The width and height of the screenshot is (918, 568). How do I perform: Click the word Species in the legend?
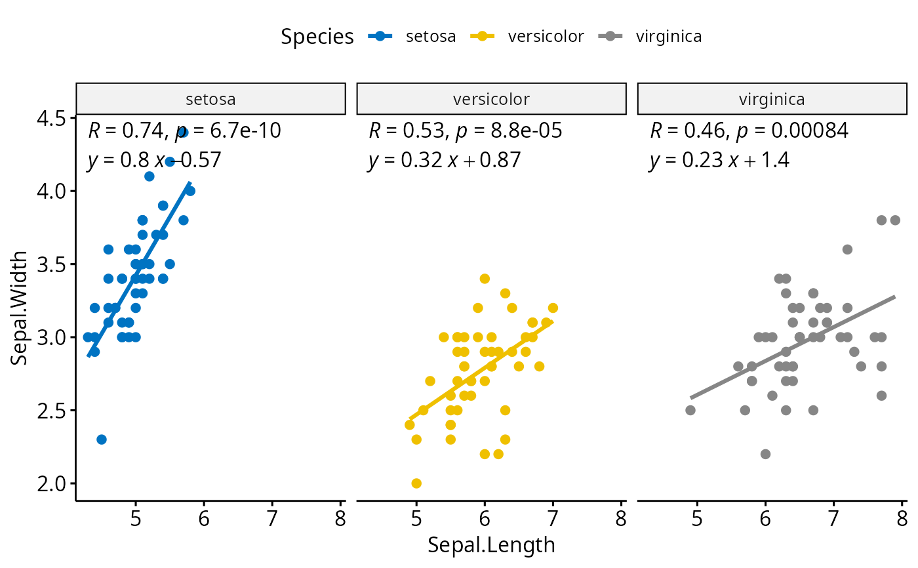pos(317,37)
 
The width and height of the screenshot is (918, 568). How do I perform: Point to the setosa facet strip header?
pos(210,99)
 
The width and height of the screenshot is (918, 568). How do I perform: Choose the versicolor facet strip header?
pos(491,99)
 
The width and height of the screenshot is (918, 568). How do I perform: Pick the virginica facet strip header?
pos(772,99)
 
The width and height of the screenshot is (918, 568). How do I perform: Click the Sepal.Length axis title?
pos(491,546)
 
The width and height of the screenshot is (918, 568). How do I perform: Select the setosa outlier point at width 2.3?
pos(102,439)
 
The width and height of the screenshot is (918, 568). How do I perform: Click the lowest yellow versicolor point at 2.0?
pos(416,483)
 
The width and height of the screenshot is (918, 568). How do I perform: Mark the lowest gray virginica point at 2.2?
pos(765,454)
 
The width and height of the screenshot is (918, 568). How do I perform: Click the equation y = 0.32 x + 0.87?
pos(445,160)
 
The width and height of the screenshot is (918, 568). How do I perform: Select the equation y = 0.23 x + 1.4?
pos(719,160)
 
